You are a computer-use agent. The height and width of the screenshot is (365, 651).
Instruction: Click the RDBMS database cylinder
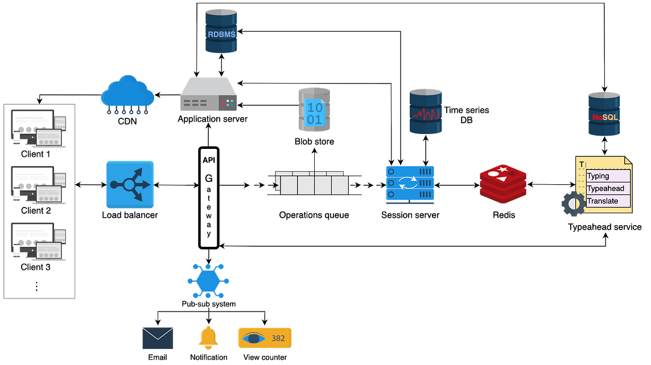(x=221, y=31)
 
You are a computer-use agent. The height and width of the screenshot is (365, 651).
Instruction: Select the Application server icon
(x=209, y=94)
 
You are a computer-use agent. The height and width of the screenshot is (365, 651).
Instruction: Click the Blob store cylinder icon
(x=314, y=110)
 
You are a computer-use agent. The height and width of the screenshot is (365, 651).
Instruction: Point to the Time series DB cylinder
(x=426, y=111)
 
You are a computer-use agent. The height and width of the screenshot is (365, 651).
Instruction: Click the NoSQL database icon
(x=604, y=114)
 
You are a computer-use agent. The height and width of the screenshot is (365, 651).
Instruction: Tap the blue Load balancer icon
(x=130, y=185)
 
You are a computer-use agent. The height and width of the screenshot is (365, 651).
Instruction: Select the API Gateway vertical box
(x=209, y=198)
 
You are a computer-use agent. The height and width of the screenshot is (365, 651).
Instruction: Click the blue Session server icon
(x=410, y=185)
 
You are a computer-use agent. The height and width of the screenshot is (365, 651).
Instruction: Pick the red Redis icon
(x=503, y=184)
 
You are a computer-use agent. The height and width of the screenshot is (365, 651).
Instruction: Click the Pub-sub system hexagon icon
(x=208, y=281)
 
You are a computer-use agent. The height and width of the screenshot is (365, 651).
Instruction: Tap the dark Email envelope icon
(x=158, y=338)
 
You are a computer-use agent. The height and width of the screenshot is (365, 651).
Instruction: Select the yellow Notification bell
(x=208, y=338)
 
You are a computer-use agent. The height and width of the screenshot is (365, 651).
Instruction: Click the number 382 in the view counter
(x=278, y=338)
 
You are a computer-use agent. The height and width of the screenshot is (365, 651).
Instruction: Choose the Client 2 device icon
(x=39, y=185)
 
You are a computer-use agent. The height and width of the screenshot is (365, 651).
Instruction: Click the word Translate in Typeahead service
(x=603, y=201)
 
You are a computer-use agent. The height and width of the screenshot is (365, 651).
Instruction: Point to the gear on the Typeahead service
(x=574, y=204)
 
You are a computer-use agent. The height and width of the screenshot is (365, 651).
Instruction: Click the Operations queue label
(x=314, y=215)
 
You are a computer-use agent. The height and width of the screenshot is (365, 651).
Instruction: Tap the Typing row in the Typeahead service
(x=608, y=176)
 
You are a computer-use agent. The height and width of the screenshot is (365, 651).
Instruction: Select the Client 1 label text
(x=36, y=154)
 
